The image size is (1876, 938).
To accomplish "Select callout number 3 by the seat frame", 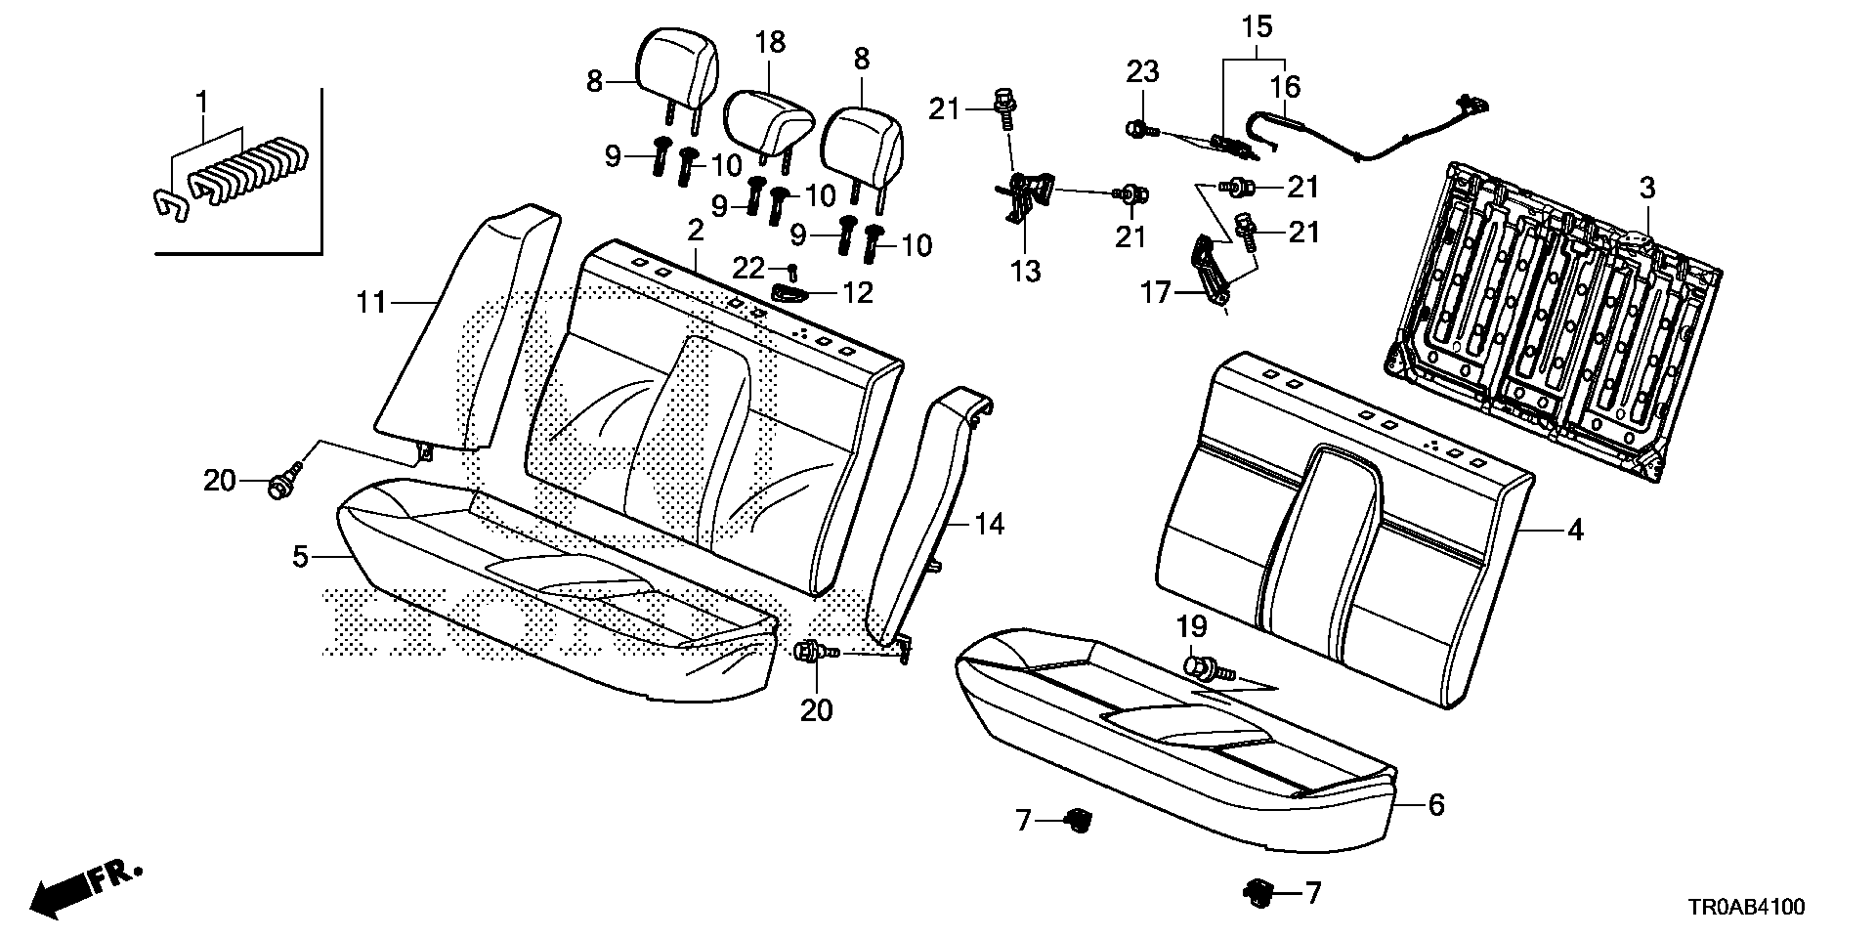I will [1647, 189].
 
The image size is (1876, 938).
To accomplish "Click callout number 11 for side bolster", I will [371, 304].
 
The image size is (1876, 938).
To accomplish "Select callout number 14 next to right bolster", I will [990, 525].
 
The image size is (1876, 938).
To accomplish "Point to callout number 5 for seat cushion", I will [301, 557].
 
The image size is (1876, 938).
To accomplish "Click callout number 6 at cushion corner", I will [1435, 805].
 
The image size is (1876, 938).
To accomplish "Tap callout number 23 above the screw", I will [1142, 71].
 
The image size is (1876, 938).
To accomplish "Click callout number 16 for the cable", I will [1286, 87].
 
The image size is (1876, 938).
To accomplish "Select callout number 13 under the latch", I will [1026, 271].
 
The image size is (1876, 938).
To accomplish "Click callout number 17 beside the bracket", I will [1156, 291].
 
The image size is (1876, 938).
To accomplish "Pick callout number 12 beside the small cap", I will [857, 292].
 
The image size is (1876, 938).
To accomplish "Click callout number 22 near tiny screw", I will [749, 268].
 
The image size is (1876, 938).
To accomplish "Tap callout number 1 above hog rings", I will [202, 101].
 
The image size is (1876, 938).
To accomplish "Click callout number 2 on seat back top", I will [696, 231].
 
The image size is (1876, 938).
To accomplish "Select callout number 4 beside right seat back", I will [1574, 531].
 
